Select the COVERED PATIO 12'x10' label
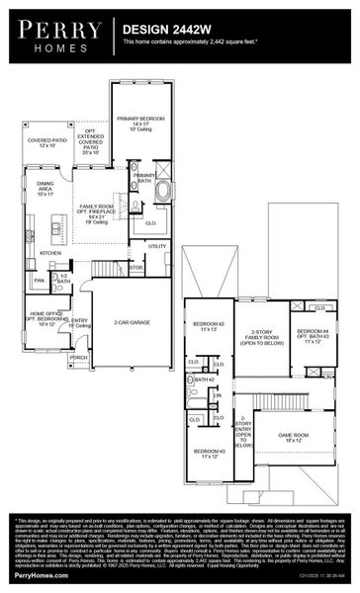click(48, 144)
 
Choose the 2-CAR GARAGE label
click(130, 322)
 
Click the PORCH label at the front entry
click(78, 357)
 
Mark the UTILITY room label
click(157, 246)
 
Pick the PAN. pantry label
click(39, 281)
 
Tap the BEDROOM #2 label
click(209, 326)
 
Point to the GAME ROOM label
click(293, 434)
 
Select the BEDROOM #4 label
click(312, 334)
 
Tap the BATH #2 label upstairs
click(205, 380)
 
